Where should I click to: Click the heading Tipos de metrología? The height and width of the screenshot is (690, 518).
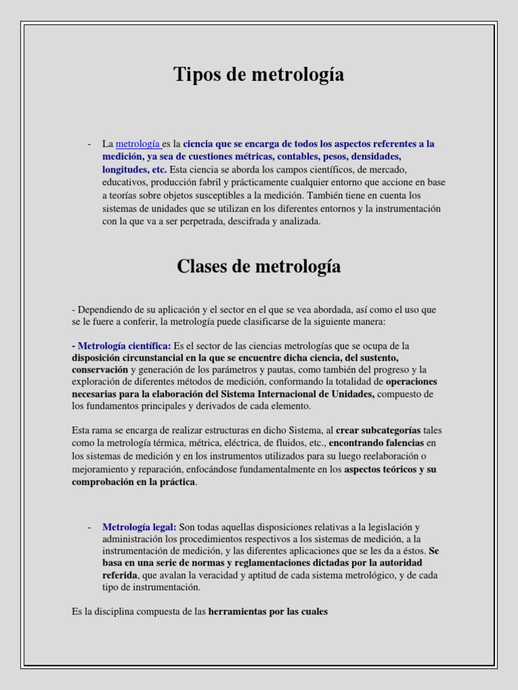point(259,75)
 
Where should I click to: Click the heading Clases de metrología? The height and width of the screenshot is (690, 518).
point(259,267)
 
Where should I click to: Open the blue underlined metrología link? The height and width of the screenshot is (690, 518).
point(138,144)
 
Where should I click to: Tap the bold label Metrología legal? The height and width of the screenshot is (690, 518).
point(140,527)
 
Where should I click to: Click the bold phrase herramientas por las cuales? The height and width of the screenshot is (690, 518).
point(268,612)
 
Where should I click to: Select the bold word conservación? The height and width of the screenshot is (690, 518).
point(100,370)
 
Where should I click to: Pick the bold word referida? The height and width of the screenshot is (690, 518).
point(119,575)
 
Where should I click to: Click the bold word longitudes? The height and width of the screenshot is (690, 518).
point(125,169)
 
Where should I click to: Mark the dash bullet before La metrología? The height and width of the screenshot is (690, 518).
point(90,144)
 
